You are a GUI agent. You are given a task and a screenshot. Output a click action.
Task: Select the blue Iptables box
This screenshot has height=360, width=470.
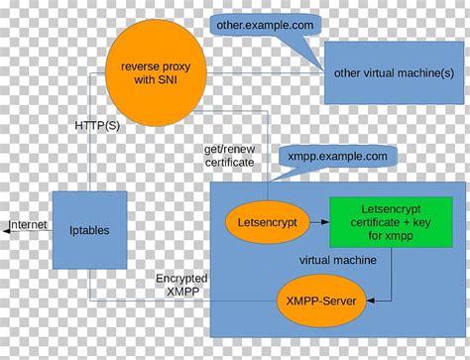pyautogui.click(x=90, y=230)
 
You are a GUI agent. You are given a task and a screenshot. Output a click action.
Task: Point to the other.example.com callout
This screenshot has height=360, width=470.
pyautogui.click(x=266, y=24)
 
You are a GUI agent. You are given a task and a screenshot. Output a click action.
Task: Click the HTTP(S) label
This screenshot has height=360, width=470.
pyautogui.click(x=99, y=126)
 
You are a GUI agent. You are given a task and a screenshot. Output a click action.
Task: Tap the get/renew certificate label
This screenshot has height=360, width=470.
pyautogui.click(x=229, y=154)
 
